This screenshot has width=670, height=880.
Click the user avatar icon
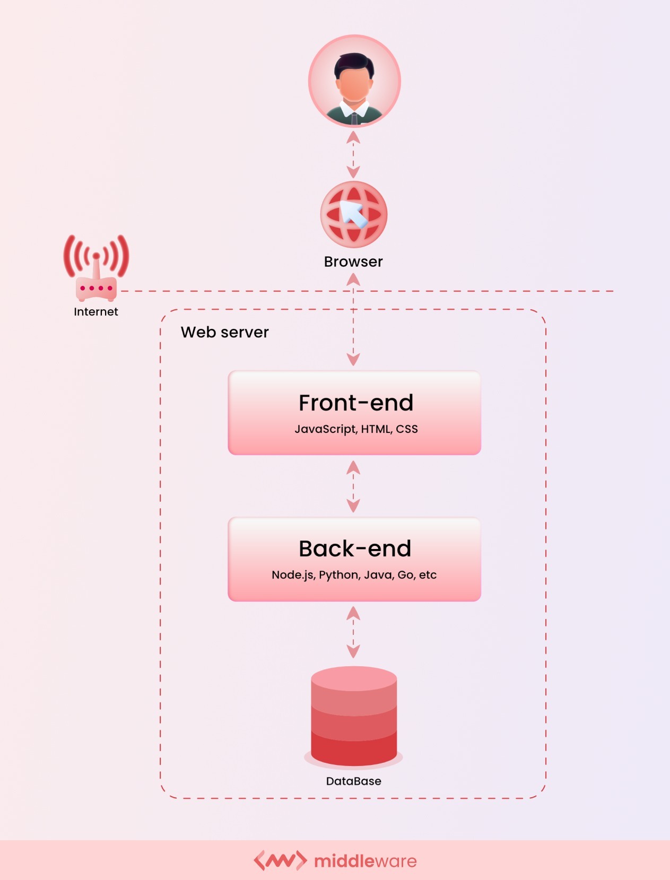[x=354, y=81]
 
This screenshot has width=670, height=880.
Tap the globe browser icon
[x=354, y=214]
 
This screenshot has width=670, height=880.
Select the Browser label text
[x=353, y=262]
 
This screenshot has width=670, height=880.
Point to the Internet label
[x=96, y=312]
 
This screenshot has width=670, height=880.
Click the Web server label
[x=224, y=332]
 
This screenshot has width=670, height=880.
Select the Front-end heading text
[x=355, y=403]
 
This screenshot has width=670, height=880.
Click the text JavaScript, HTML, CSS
[x=356, y=429]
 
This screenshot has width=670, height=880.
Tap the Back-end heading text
[x=355, y=549]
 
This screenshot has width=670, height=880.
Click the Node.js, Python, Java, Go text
[x=354, y=575]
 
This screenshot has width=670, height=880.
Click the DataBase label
[x=354, y=781]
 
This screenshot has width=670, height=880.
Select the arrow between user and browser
[x=353, y=154]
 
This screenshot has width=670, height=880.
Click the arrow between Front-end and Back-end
[x=353, y=486]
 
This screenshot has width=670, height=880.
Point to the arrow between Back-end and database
[x=353, y=632]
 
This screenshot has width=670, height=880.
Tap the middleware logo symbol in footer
[x=280, y=860]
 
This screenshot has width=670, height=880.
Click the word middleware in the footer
[x=366, y=861]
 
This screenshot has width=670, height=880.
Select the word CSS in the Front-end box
[x=407, y=429]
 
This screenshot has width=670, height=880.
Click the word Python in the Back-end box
[x=338, y=575]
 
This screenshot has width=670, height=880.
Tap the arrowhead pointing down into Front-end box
[x=353, y=360]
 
